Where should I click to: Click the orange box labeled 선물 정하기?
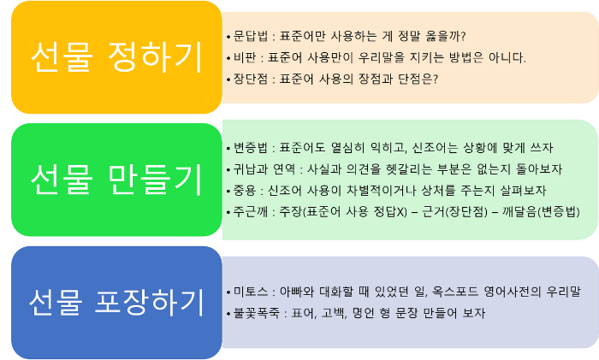point(115,57)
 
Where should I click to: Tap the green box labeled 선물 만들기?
point(115,179)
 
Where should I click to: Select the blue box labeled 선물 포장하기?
point(115,301)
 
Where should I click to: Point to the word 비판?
point(241,58)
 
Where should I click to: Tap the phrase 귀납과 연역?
point(257,168)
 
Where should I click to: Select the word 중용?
point(241,189)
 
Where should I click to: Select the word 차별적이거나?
point(381,189)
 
